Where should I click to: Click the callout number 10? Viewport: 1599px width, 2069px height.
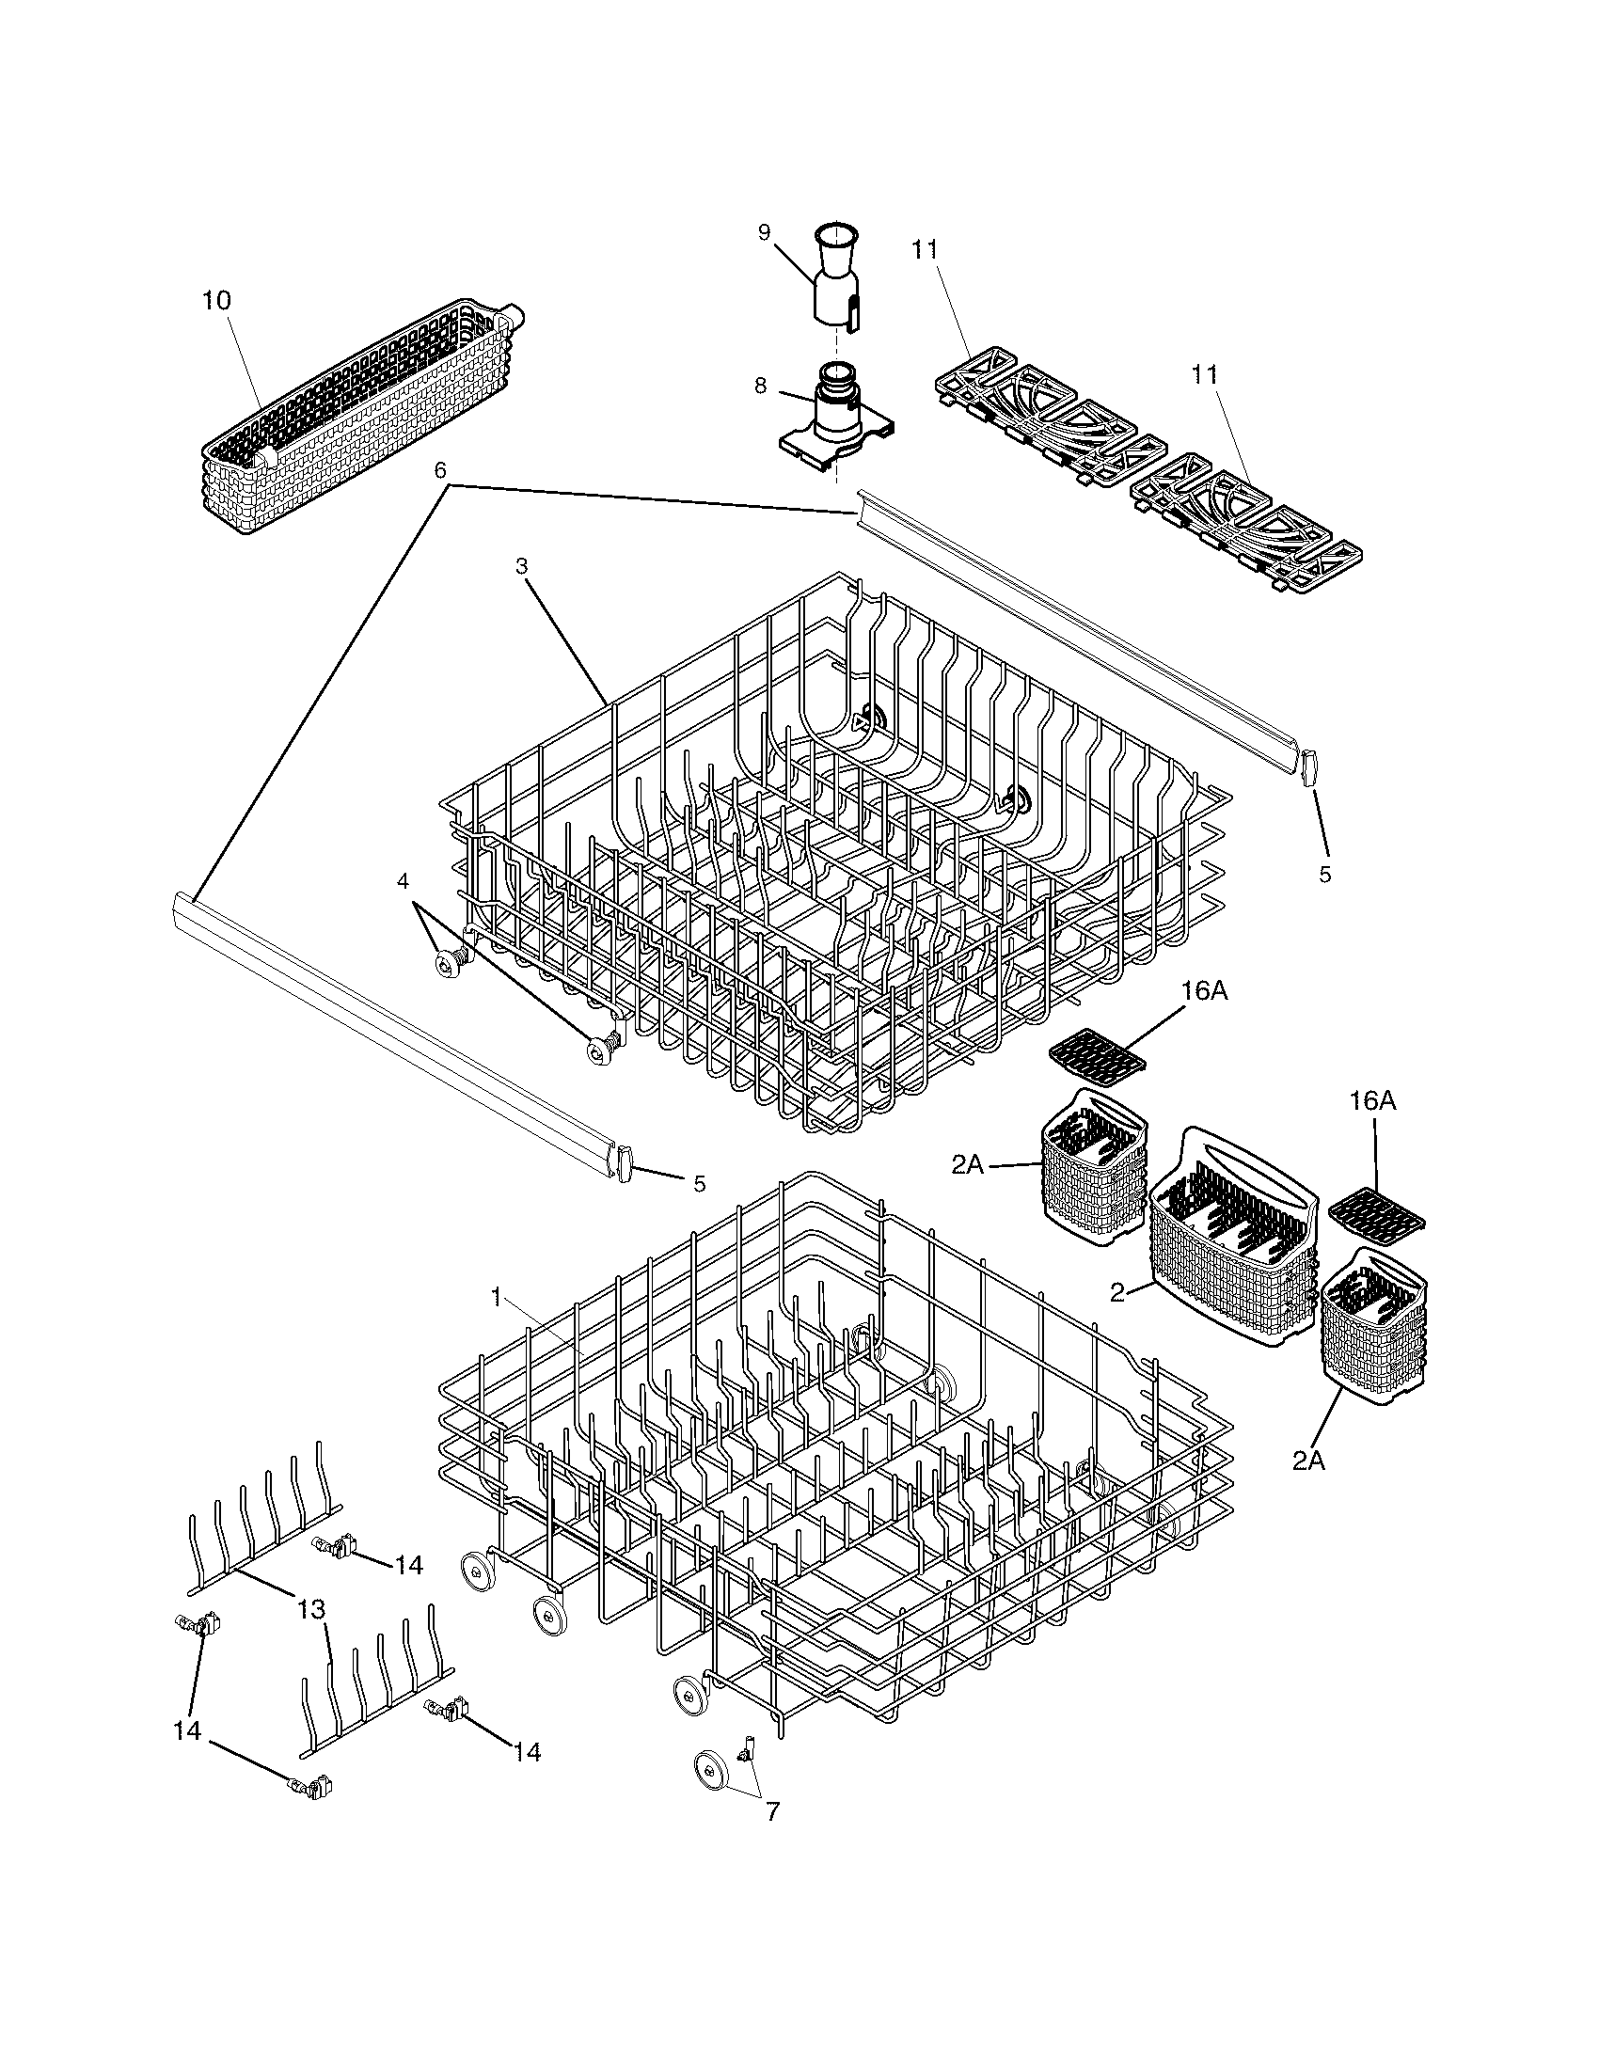coord(216,300)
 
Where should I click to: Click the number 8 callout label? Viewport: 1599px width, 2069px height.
coord(761,386)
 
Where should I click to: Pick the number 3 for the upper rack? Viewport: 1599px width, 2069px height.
coord(521,565)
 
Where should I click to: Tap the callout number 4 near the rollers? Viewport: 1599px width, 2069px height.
coord(403,880)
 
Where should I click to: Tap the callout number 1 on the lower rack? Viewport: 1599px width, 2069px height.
coord(496,1298)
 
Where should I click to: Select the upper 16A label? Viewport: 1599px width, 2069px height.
coord(1205,991)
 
